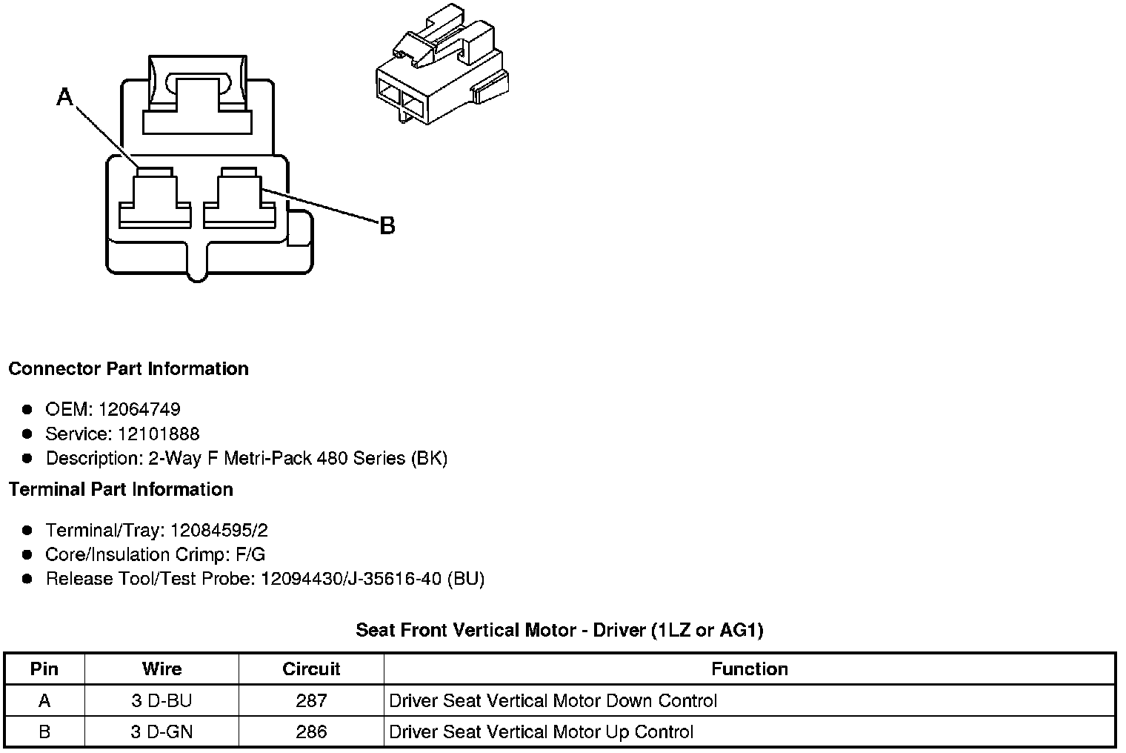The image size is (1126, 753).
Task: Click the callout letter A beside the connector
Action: pos(65,96)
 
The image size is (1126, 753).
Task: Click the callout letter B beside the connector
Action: pos(387,226)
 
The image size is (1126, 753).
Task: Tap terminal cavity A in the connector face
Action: pos(156,199)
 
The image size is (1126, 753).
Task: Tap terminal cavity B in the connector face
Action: pos(239,199)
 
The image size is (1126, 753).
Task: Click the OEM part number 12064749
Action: pos(139,409)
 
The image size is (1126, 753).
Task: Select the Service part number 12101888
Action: pos(159,434)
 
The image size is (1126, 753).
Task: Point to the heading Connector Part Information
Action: pos(128,369)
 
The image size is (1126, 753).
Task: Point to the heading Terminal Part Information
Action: pos(121,490)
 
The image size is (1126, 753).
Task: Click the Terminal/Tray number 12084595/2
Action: pos(219,531)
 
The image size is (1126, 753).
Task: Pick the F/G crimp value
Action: pos(250,555)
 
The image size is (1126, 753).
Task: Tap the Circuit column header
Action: pos(311,669)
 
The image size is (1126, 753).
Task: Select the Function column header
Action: pos(749,669)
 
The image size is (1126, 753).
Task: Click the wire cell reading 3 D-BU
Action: pos(161,701)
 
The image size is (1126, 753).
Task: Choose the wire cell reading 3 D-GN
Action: pos(161,732)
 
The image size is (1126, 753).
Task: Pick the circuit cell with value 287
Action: pos(311,701)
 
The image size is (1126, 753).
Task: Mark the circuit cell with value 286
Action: pos(311,732)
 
